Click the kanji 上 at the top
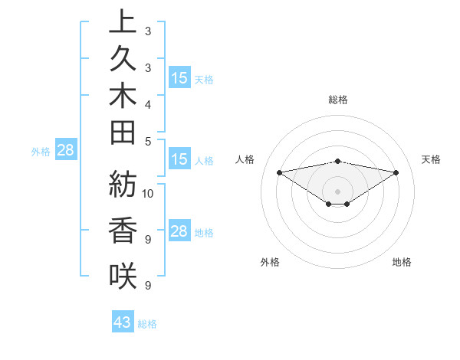pos(123,22)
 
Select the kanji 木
pos(123,96)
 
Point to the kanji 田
pos(123,133)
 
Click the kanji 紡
pos(123,186)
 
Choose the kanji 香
pos(123,231)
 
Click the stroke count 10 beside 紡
pos(148,193)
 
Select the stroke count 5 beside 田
pos(147,141)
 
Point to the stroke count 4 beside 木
pos(147,103)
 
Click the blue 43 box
pos(123,322)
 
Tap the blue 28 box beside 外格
pos(65,150)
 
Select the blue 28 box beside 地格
pos(179,231)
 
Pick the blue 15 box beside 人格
pos(179,159)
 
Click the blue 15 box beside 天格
pos(179,78)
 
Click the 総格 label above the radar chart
pos(337,100)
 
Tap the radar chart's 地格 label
pos(402,262)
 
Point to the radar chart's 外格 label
pos(270,262)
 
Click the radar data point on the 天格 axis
pos(396,172)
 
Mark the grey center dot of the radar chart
pos(337,191)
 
